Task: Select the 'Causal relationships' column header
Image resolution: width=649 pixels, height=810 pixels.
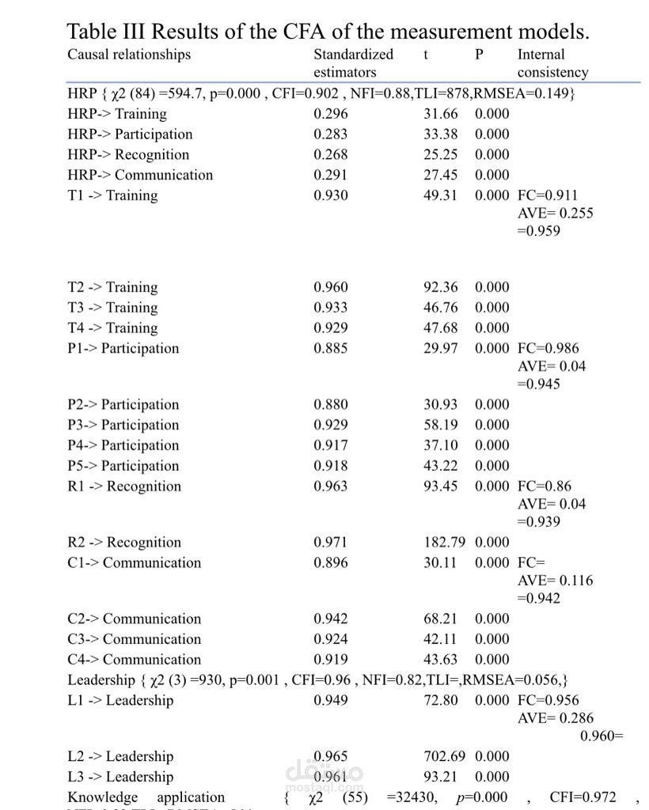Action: click(129, 55)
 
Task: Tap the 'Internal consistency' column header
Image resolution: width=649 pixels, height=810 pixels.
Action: click(552, 63)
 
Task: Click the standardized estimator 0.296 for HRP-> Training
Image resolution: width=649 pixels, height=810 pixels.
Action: click(331, 114)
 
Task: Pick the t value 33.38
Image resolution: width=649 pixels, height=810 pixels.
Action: click(441, 134)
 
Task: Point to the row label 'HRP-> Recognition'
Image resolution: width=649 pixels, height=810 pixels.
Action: click(128, 155)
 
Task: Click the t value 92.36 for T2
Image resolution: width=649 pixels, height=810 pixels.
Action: click(441, 287)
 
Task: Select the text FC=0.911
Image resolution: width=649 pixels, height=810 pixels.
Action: click(548, 195)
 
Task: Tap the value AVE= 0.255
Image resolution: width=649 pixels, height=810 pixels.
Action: click(555, 213)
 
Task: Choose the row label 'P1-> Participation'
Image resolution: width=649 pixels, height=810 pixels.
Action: click(123, 349)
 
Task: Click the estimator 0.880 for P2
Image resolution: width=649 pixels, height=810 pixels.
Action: click(331, 405)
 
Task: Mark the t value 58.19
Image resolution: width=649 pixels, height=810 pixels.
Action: click(441, 426)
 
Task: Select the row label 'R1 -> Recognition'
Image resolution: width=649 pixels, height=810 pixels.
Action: click(124, 486)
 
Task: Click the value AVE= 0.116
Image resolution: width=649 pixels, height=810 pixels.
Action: click(555, 581)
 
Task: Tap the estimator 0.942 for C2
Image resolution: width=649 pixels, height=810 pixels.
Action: click(331, 619)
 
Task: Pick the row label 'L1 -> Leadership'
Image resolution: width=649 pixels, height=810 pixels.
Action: click(120, 701)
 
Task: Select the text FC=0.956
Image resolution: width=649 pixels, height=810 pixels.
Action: click(548, 701)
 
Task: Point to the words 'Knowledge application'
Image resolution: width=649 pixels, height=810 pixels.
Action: click(146, 797)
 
